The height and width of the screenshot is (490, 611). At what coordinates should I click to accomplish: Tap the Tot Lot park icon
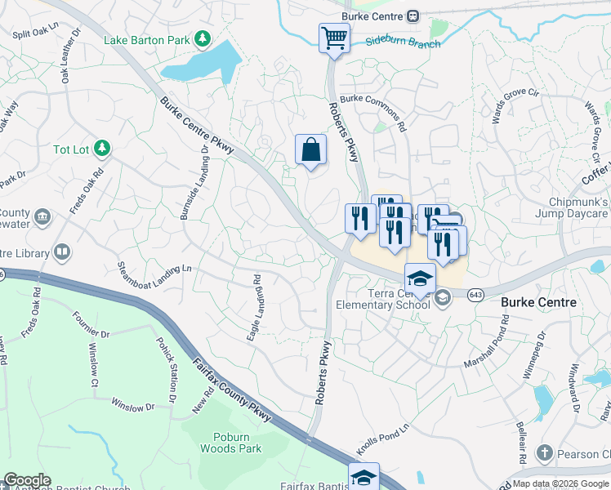pyautogui.click(x=101, y=148)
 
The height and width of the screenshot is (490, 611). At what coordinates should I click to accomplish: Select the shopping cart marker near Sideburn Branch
pyautogui.click(x=334, y=37)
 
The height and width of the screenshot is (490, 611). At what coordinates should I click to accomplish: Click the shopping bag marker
pyautogui.click(x=310, y=149)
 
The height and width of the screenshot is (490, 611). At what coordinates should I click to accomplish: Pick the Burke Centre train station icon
pyautogui.click(x=413, y=16)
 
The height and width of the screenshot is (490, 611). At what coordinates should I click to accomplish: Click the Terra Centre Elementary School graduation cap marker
pyautogui.click(x=420, y=278)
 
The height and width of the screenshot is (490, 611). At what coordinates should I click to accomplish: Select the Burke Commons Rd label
pyautogui.click(x=373, y=113)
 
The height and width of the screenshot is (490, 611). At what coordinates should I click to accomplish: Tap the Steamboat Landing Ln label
pyautogui.click(x=154, y=278)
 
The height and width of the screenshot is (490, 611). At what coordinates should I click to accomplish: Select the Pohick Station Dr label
pyautogui.click(x=166, y=369)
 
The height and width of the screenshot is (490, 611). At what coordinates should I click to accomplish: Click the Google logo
pyautogui.click(x=27, y=480)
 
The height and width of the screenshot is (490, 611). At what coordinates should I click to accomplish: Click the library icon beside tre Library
pyautogui.click(x=61, y=252)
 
